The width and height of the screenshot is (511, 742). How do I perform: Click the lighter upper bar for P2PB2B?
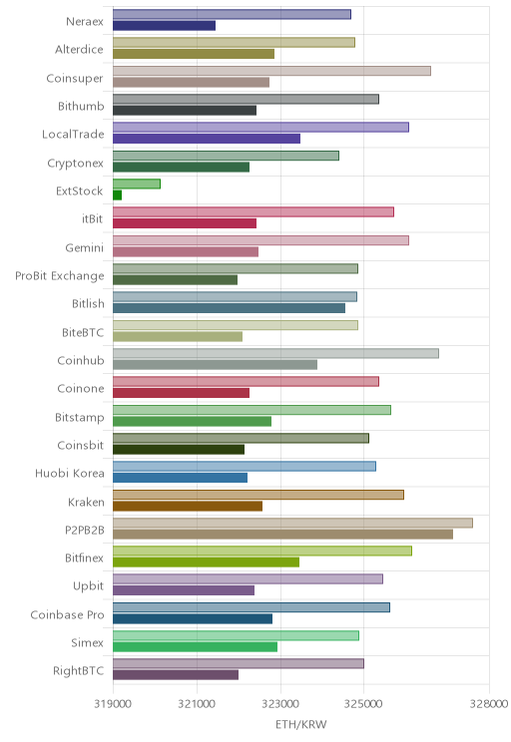coord(292,523)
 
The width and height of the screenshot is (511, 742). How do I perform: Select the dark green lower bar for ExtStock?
coord(117,194)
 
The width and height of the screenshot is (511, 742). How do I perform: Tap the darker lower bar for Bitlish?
coord(229,308)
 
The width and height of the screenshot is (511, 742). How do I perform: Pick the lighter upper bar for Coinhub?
coord(275,353)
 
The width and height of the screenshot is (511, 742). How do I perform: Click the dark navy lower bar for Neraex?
coord(164,26)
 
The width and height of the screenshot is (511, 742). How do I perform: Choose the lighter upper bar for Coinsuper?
coord(271,71)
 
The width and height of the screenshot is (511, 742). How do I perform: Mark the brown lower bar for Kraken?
coord(188,506)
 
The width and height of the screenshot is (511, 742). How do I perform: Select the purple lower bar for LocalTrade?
coord(207,139)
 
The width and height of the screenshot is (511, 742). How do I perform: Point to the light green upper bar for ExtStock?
coord(137,184)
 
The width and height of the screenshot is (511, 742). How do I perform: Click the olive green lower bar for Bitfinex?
coord(206,562)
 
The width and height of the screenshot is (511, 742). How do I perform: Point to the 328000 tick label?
coord(489,703)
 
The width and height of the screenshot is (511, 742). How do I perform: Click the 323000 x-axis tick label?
coord(280,703)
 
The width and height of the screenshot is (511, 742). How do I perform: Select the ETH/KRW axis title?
coord(301,724)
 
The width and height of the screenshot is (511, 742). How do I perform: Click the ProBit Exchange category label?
coord(60,276)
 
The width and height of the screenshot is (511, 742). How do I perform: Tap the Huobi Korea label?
coord(70,473)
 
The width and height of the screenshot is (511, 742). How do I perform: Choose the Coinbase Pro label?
coord(67,614)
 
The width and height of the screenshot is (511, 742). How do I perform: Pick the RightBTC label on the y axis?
coord(78,670)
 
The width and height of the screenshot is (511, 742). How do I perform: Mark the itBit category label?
coord(93,218)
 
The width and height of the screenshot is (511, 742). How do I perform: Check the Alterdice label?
coord(79,49)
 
